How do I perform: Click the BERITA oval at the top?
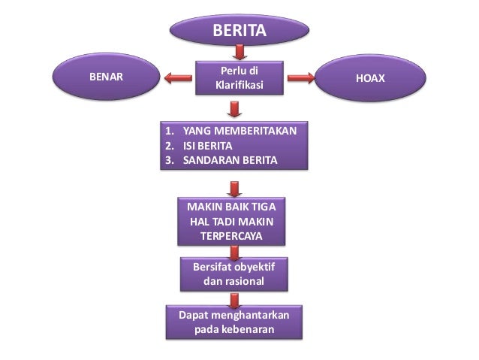239,31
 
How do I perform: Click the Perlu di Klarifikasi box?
239,78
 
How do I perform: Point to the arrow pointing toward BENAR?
180,77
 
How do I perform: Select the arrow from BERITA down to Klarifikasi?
239,52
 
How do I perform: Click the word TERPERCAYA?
231,235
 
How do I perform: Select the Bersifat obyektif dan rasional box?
234,274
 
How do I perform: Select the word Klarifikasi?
239,86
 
